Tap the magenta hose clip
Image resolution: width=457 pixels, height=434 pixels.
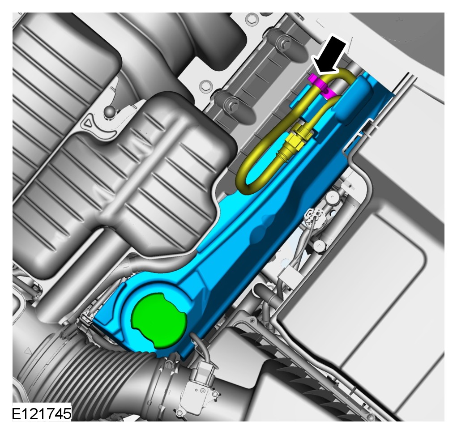(x=320, y=85)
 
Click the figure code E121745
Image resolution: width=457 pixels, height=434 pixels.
(x=42, y=413)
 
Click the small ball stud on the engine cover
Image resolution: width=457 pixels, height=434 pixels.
(x=111, y=111)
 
